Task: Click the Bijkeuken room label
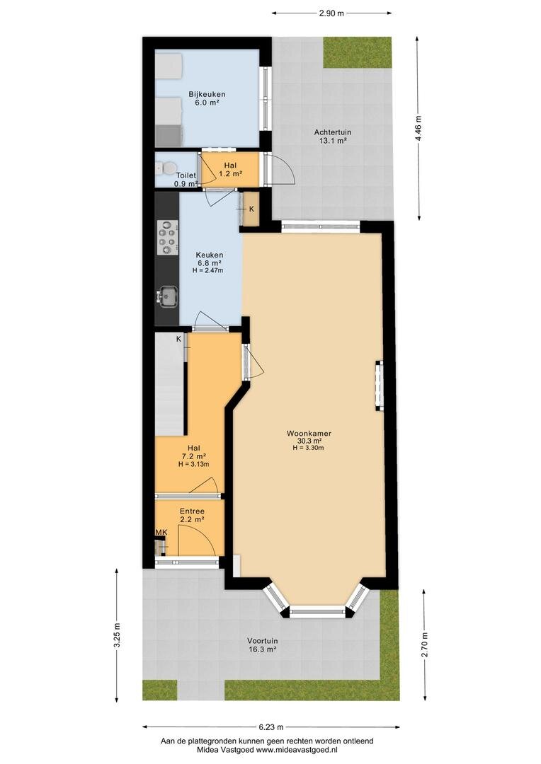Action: tap(207, 95)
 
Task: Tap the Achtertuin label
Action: tap(333, 132)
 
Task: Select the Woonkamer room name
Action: tap(309, 433)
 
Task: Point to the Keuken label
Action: tap(210, 255)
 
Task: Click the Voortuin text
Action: tap(263, 641)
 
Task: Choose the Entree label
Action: tap(192, 511)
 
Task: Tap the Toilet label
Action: tap(186, 175)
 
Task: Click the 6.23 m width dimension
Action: tap(270, 727)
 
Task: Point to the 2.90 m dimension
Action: tap(331, 13)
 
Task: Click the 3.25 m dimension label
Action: tap(117, 635)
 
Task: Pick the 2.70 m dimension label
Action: tap(424, 644)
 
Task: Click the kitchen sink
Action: tap(168, 296)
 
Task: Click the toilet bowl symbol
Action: tap(161, 168)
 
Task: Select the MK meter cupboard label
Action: tap(161, 533)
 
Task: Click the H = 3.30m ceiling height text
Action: tap(309, 448)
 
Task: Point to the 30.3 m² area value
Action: tap(309, 441)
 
